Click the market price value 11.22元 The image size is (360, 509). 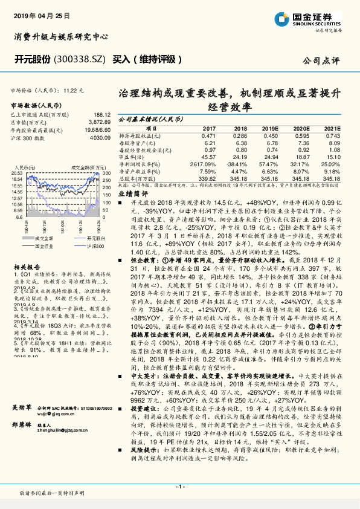coord(74,89)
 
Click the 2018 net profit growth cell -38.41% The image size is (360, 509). coord(237,163)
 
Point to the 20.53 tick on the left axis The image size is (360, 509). coord(16,173)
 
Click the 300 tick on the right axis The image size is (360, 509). coord(105,173)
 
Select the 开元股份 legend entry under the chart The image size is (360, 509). coord(37,239)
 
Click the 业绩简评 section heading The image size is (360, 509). coord(133,193)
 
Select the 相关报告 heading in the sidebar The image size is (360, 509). coord(25,266)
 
